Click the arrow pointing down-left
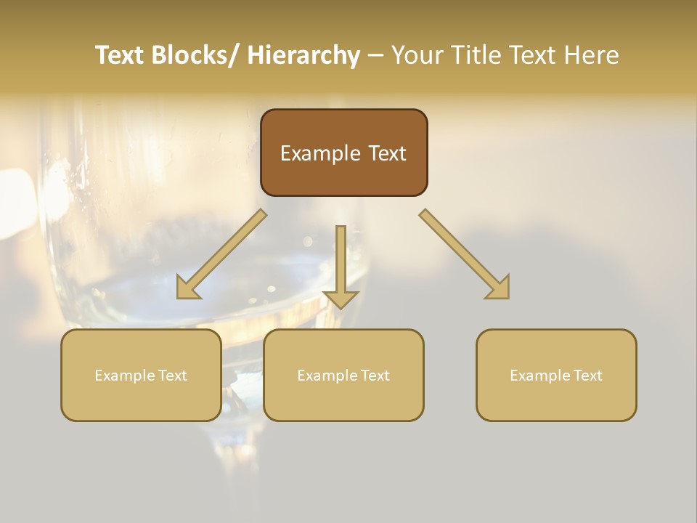point(222,254)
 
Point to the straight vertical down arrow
point(341,266)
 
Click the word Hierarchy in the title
point(303,55)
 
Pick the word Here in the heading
point(590,55)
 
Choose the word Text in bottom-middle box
point(373,376)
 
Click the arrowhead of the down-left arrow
point(187,288)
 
